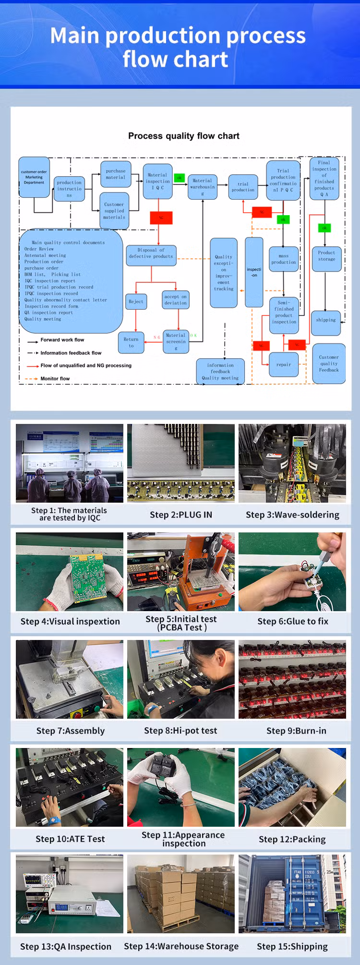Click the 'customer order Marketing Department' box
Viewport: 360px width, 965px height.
(x=34, y=177)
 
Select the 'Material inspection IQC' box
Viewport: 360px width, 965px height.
(x=158, y=181)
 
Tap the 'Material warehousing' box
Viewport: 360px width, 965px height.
(x=203, y=187)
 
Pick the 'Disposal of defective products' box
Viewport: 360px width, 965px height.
(x=151, y=253)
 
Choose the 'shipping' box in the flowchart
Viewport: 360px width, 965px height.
(x=326, y=320)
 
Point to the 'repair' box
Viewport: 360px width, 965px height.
(x=284, y=365)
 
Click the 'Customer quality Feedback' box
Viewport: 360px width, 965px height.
(x=329, y=363)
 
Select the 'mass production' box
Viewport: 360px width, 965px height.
(x=284, y=259)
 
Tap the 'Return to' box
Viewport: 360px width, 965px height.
(x=131, y=342)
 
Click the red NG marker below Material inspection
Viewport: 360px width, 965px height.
(x=161, y=217)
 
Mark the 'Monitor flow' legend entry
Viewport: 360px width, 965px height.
(x=55, y=379)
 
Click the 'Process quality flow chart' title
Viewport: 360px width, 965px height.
(x=184, y=136)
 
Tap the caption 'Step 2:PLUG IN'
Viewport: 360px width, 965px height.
(x=181, y=515)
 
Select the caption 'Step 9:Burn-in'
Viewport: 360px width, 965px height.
(x=296, y=731)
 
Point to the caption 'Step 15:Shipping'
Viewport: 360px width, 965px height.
(x=292, y=946)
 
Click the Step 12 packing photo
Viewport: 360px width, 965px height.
(x=292, y=787)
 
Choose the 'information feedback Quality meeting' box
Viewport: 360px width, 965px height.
(x=220, y=372)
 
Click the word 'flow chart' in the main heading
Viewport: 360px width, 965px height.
(x=176, y=60)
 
